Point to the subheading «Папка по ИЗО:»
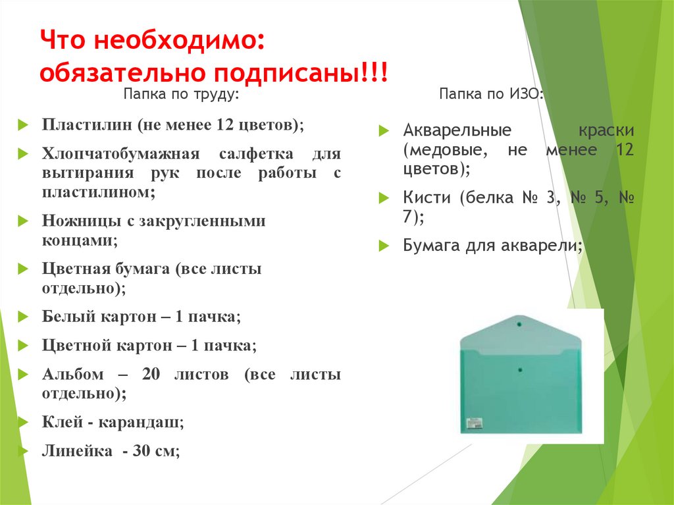[x=492, y=96]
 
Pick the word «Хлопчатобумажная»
[x=120, y=155]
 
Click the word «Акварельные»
[x=457, y=130]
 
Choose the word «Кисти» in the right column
[x=427, y=198]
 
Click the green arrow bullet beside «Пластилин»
[x=23, y=125]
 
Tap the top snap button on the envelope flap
[x=519, y=323]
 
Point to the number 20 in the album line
[x=151, y=374]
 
